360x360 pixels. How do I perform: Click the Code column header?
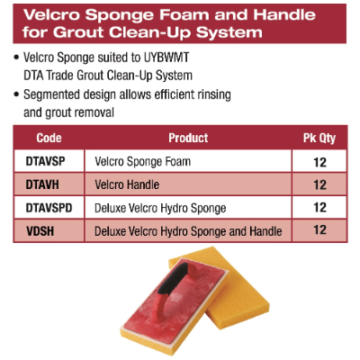(49, 138)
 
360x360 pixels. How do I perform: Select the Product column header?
(188, 138)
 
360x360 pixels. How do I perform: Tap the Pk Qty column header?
(319, 139)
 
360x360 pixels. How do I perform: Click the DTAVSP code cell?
(45, 161)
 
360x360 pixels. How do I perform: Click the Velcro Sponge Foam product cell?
(143, 162)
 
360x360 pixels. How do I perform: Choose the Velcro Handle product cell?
(127, 184)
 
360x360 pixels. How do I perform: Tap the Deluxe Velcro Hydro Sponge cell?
(160, 209)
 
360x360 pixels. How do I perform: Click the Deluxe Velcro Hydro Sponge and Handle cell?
(188, 231)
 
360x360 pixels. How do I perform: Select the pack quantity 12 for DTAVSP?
(319, 162)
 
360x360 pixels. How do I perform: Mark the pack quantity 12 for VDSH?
(319, 230)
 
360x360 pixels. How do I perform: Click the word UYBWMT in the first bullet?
(166, 58)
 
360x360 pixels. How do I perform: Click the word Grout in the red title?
(78, 32)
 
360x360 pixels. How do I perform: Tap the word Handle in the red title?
(284, 14)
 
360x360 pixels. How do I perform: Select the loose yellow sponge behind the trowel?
(229, 288)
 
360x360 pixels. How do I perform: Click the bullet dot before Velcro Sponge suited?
(16, 58)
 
